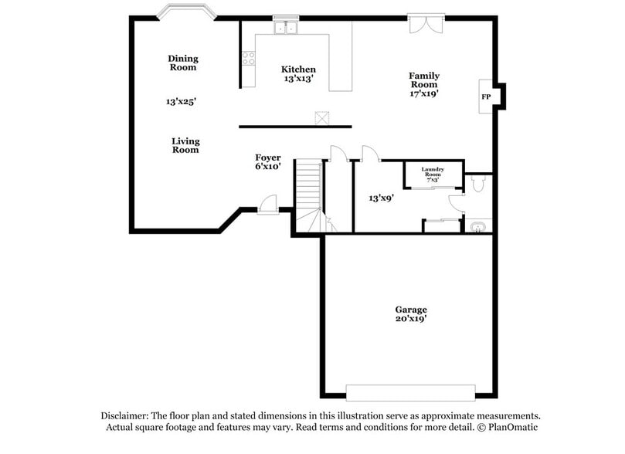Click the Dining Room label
coord(183,63)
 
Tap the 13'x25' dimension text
coord(181,101)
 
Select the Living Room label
coord(185,145)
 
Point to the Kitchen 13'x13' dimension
coord(298,79)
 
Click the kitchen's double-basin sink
coord(284,29)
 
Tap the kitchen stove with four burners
coord(249,57)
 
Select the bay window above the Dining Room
coord(185,12)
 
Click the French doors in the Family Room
coord(426,24)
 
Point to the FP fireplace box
coord(487,97)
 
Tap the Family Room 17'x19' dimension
coord(424,93)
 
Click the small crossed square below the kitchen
coord(321,118)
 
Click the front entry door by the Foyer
coord(268,205)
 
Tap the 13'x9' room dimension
coord(382,198)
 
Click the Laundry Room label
coord(432,172)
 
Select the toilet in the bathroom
coord(477,185)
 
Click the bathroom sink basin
coord(479,226)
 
